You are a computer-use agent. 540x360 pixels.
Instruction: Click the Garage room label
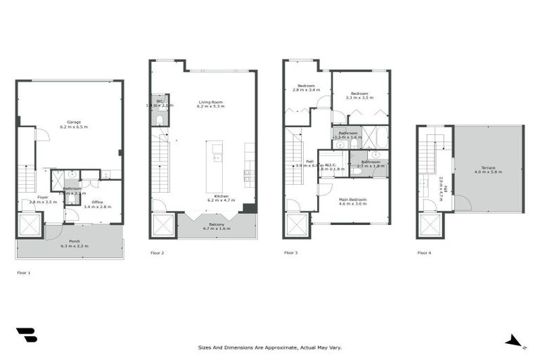pos(69,124)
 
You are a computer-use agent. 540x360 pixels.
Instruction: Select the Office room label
pos(97,204)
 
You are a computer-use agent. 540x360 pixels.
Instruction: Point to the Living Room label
pos(210,103)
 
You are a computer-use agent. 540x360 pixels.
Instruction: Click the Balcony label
pos(217,226)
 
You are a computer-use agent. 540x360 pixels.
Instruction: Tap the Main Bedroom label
pos(352,201)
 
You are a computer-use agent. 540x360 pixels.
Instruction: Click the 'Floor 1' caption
pos(25,271)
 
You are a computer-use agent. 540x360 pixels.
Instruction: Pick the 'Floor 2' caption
pos(157,252)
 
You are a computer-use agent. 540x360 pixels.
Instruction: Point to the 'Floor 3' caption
pos(291,252)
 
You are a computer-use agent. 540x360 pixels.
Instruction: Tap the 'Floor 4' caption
pos(424,252)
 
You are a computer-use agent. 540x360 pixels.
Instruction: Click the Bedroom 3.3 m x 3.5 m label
pos(360,96)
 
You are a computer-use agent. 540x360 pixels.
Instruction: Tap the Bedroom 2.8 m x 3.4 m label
pos(306,88)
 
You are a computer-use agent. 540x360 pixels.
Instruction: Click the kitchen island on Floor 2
pos(217,167)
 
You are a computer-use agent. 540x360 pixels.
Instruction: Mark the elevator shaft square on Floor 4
pos(429,226)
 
